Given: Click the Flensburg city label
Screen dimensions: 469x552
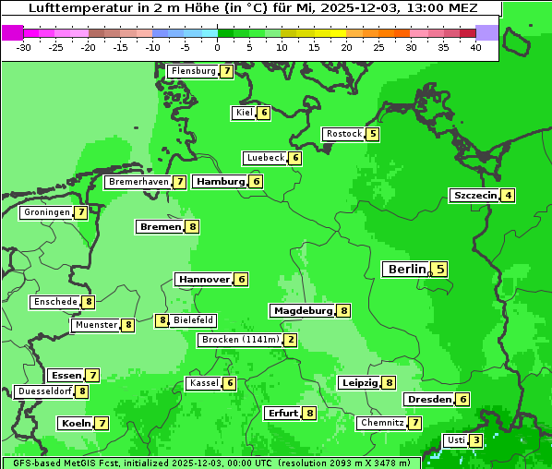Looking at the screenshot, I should [193, 71].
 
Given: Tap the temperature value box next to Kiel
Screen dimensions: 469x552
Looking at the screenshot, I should [264, 113].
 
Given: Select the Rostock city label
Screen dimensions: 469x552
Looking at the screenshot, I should [343, 134].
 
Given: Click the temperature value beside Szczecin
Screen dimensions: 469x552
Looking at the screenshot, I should [509, 195].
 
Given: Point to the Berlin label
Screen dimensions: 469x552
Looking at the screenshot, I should [406, 270].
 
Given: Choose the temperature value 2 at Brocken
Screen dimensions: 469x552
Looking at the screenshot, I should [291, 340].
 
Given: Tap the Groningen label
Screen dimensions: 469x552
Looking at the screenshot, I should [47, 212].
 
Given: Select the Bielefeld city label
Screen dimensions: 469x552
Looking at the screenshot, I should [193, 320].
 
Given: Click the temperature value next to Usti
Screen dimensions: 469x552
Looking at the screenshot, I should [475, 440].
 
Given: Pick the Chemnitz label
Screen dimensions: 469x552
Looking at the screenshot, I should [382, 423].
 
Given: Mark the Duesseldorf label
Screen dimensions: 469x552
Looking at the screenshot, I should [44, 391].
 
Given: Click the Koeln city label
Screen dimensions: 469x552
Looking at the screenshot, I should [74, 423].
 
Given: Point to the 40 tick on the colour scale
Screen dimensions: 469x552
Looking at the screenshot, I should [475, 47].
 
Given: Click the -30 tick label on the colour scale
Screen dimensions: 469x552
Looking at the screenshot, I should [24, 47].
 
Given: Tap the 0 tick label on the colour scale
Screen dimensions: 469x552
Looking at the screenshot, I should [218, 47].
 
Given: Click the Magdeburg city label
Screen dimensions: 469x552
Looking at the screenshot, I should [302, 310].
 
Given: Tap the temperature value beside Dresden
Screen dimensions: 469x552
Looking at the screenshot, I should [462, 400].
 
